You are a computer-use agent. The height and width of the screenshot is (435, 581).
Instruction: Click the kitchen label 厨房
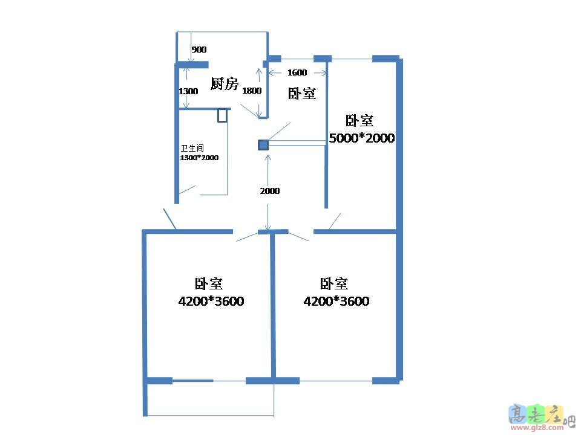[x=224, y=83]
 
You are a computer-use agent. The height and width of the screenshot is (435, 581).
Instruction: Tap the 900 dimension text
[x=199, y=50]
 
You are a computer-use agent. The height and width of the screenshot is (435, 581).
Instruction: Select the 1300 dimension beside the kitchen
[x=188, y=91]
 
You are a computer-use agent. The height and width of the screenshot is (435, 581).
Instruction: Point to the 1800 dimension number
[x=251, y=91]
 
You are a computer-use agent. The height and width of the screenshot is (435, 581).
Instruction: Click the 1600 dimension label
[x=297, y=72]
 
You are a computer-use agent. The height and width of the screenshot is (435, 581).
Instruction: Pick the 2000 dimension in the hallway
[x=270, y=190]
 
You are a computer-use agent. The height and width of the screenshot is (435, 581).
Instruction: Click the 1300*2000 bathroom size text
[x=199, y=157]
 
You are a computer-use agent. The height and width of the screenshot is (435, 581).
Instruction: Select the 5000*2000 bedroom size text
[x=361, y=138]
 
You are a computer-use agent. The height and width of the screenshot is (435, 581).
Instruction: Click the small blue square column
[x=263, y=144]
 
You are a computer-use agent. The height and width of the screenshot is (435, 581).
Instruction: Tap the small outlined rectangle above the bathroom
[x=222, y=115]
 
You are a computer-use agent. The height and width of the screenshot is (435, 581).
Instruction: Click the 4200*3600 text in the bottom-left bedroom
[x=211, y=301]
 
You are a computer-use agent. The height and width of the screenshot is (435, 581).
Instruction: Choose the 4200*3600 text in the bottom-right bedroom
[x=336, y=301]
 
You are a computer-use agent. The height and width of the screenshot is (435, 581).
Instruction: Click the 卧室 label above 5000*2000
[x=359, y=121]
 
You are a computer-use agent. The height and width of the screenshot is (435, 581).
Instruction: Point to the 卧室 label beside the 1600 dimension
[x=301, y=93]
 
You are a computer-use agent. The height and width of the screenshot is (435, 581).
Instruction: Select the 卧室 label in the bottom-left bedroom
[x=208, y=283]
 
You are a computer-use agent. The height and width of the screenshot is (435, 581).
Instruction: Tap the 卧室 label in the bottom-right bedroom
[x=333, y=283]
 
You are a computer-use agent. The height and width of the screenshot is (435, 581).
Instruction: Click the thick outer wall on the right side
[x=399, y=217]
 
